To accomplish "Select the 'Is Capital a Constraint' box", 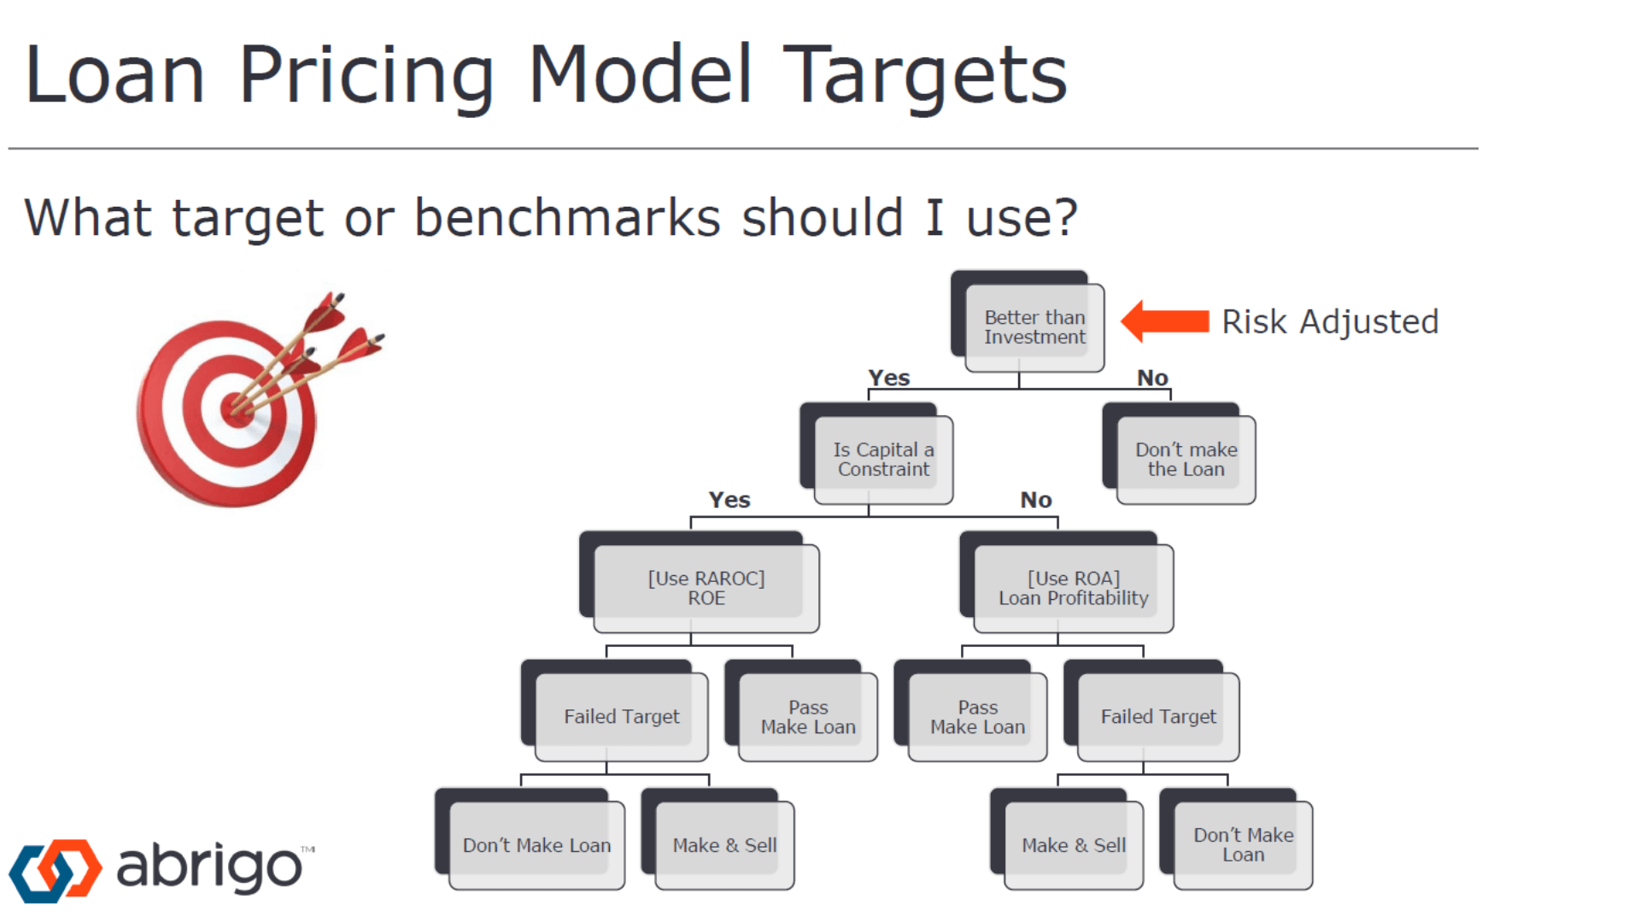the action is click(x=877, y=454).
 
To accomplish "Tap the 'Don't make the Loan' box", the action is click(x=1180, y=454).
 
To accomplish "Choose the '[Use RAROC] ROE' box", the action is click(x=700, y=582).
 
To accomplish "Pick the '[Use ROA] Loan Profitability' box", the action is click(x=1067, y=582).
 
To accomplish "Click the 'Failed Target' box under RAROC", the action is click(x=615, y=711).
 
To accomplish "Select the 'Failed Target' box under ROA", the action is click(x=1151, y=711).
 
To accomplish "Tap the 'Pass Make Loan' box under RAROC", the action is click(x=801, y=711).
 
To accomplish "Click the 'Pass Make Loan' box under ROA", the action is click(x=970, y=711).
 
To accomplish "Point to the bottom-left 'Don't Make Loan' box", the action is click(x=530, y=839).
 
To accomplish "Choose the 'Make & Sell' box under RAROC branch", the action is click(x=717, y=839).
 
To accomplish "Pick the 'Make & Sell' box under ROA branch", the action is click(x=1067, y=839).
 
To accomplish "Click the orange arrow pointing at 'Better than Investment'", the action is click(x=1165, y=321).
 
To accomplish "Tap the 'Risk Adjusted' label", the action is click(x=1330, y=322).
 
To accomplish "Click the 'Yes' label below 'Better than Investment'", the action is click(x=889, y=378).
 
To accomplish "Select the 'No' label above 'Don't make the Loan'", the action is click(x=1152, y=378).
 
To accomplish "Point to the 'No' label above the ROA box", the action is click(x=1036, y=500).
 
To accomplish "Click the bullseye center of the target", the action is click(x=236, y=409).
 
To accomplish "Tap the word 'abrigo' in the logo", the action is click(x=209, y=867).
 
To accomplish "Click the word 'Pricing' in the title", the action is click(x=366, y=77).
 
